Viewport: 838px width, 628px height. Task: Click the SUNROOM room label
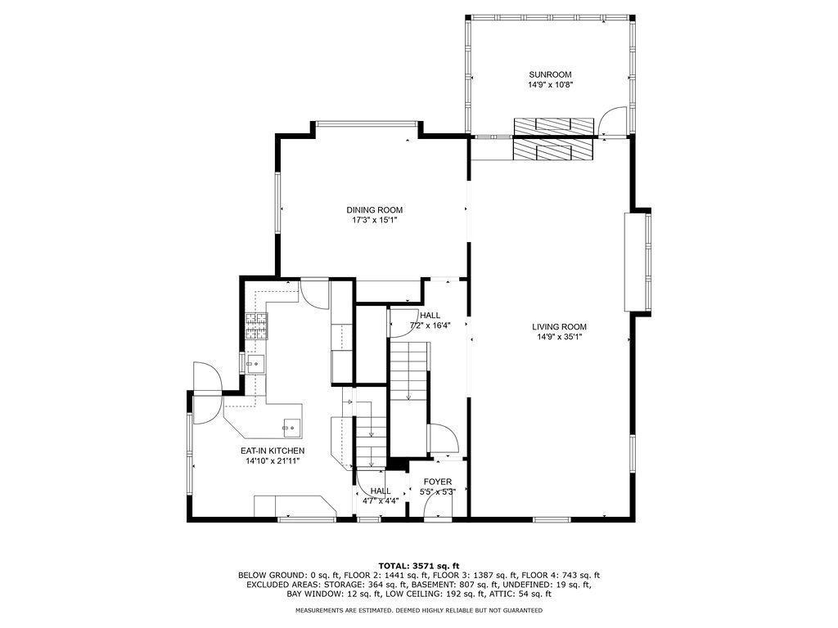[x=550, y=74]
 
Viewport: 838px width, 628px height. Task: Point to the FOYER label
[x=437, y=482]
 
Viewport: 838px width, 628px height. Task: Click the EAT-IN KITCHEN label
[x=272, y=451]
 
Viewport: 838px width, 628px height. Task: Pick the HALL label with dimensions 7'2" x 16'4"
[x=430, y=316]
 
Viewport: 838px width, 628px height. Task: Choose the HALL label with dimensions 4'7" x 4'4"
[x=380, y=491]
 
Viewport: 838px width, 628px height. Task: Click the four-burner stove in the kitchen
[x=257, y=327]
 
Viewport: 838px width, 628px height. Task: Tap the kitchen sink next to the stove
[x=255, y=364]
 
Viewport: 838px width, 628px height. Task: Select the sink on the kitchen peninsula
[x=291, y=425]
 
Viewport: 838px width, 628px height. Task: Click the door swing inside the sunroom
[x=610, y=123]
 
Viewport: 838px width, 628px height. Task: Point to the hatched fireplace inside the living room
[x=553, y=150]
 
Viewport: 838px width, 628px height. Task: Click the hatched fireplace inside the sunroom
[x=553, y=124]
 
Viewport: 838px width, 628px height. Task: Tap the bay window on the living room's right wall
[x=638, y=262]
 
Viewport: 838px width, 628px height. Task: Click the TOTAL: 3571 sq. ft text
[x=418, y=566]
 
